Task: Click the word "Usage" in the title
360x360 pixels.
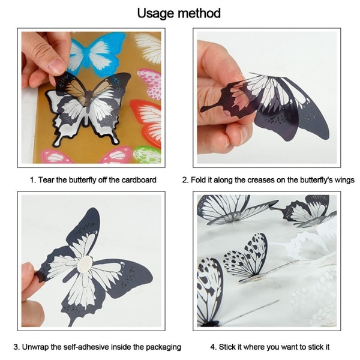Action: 156,13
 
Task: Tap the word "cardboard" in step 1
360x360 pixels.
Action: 139,180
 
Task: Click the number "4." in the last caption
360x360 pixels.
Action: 213,347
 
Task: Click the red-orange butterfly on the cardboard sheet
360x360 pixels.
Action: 146,123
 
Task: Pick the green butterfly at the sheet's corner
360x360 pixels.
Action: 147,155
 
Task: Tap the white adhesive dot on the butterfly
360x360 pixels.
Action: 85,263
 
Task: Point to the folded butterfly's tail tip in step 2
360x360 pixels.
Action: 203,110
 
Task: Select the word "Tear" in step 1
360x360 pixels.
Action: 46,180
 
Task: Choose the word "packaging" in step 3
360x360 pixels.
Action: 163,347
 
